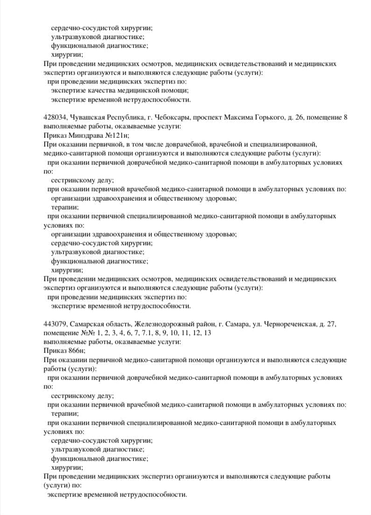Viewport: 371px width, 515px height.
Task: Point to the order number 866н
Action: pyautogui.click(x=76, y=351)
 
